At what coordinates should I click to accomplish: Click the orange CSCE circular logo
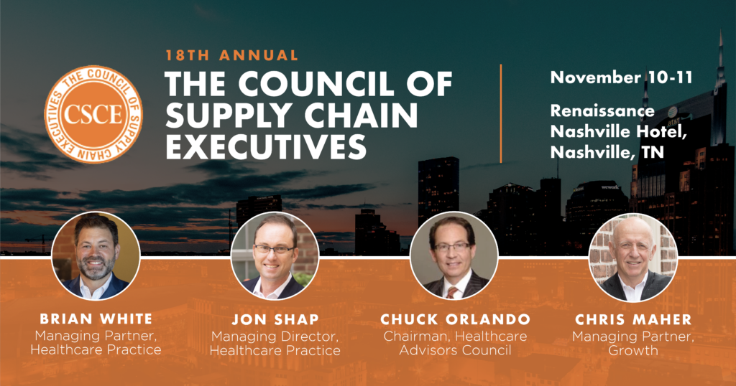[x=93, y=113]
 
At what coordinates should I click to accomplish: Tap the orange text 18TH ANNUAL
[x=231, y=55]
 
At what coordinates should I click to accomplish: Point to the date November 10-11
[x=621, y=77]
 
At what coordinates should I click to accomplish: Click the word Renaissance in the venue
[x=602, y=111]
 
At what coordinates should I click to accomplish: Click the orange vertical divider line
[x=501, y=113]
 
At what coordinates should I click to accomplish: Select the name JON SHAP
[x=275, y=319]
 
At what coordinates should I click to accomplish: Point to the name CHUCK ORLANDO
[x=454, y=319]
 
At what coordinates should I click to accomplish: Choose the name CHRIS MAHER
[x=632, y=319]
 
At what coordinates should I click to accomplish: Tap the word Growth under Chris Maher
[x=632, y=351]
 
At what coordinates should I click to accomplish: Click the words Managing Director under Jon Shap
[x=275, y=336]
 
